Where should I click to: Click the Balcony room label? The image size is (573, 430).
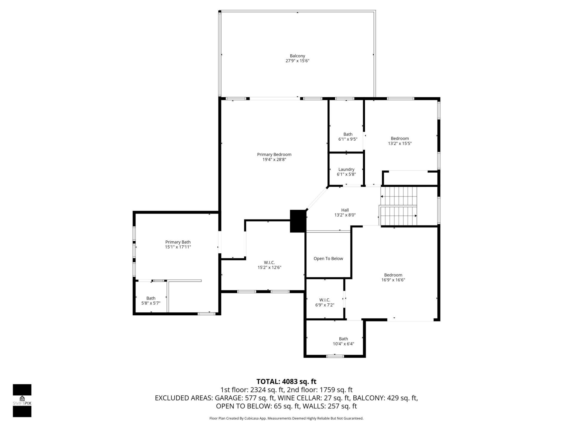[297, 56]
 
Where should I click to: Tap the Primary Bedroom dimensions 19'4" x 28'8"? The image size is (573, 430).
[274, 159]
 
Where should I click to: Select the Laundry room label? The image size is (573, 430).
[346, 169]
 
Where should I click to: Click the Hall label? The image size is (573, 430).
[345, 210]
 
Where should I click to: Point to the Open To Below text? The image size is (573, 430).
[328, 259]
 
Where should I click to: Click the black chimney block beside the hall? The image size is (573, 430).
[298, 221]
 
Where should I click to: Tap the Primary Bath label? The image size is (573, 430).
[178, 242]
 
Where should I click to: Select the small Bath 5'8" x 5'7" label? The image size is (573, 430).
[151, 300]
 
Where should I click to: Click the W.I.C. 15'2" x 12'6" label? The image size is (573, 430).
[269, 265]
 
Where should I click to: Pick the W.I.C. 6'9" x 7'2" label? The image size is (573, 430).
[325, 302]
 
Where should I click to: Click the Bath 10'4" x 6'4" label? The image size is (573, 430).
[343, 341]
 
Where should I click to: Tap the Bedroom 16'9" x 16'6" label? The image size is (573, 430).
[393, 277]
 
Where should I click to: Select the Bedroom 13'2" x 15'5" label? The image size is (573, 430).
[400, 141]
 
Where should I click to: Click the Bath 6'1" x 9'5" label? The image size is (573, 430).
[348, 136]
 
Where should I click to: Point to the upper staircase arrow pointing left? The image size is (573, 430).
[382, 196]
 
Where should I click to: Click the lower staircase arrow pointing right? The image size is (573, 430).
[415, 216]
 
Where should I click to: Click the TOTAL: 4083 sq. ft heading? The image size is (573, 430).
[286, 382]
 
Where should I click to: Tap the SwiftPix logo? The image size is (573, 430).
[22, 400]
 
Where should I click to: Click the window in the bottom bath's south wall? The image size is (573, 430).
[335, 356]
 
